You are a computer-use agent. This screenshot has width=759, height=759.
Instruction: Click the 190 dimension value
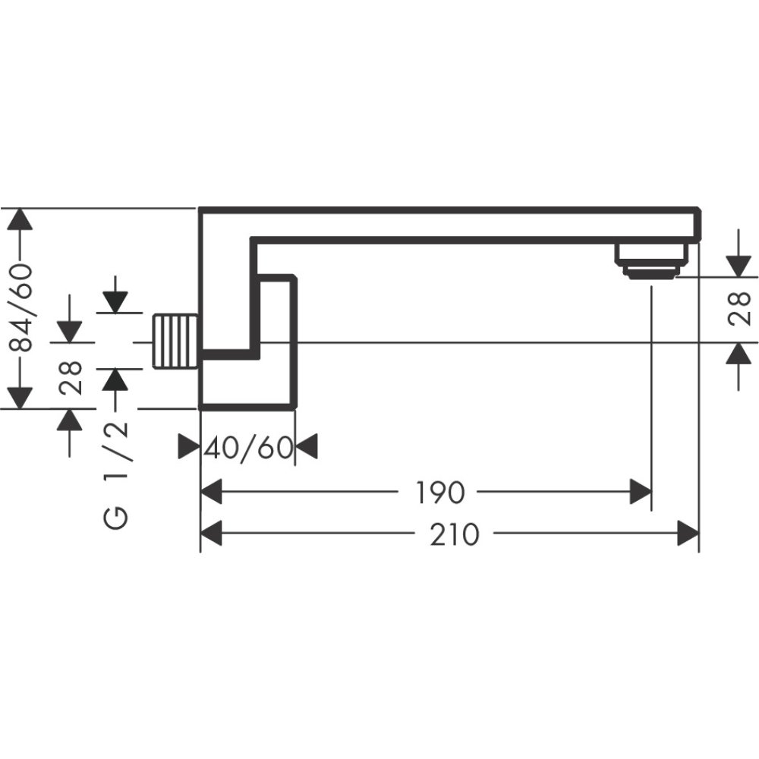coord(439,493)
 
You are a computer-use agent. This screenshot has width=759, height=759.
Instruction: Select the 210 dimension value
coord(455,534)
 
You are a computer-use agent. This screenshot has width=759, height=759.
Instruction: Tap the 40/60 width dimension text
coord(248,448)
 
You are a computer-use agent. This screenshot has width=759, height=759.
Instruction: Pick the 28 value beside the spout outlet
coord(739,309)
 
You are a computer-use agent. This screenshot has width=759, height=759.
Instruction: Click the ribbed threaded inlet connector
coord(176,342)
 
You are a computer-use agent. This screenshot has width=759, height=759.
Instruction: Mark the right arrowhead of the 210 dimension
coord(688,534)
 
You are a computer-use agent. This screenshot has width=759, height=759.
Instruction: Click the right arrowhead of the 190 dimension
coord(641,493)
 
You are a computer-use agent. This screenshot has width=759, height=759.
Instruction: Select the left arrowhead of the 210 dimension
coord(211,534)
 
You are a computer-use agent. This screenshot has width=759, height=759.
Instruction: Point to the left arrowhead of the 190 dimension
coord(211,493)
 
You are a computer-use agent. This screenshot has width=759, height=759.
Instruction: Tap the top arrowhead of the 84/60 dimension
coord(20,219)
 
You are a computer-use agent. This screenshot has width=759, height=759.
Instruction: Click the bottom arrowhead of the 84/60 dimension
coord(20,397)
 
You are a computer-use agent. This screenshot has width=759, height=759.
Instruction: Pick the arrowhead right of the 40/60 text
coord(306,447)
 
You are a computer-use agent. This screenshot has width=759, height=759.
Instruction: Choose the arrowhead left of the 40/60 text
coord(189,447)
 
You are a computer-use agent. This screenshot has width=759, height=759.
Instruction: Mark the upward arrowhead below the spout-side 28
coord(739,354)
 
